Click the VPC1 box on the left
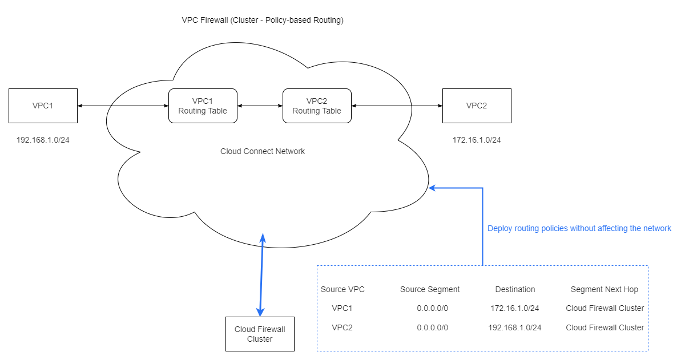click(43, 106)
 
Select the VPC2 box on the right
click(477, 106)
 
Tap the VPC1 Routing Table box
click(203, 106)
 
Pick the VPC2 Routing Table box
click(317, 106)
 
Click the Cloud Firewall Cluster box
click(260, 334)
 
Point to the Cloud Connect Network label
click(263, 151)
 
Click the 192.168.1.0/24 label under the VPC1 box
click(43, 140)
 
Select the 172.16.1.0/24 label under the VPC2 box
click(477, 140)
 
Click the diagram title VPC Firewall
click(263, 20)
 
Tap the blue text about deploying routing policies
click(579, 228)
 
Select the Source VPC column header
click(343, 289)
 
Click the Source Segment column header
click(430, 289)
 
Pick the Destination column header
click(515, 289)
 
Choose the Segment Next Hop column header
click(605, 289)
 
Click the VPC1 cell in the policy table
click(342, 308)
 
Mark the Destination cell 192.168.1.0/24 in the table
click(515, 327)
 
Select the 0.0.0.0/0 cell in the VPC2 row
click(432, 327)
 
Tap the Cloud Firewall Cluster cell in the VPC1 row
click(605, 308)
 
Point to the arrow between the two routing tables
click(260, 106)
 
